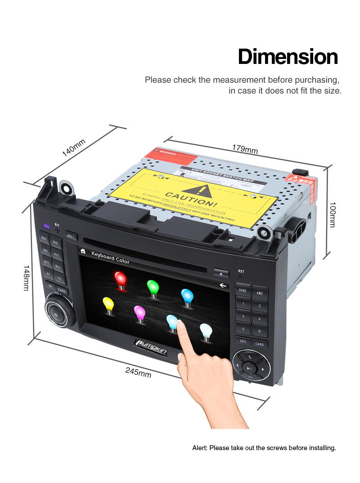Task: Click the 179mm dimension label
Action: [x=245, y=149]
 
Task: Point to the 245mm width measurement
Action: [x=138, y=372]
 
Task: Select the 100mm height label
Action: [x=332, y=214]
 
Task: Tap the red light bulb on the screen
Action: [x=120, y=279]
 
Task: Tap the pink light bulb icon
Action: [x=139, y=312]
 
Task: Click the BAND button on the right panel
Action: [x=243, y=290]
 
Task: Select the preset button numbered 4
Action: [x=260, y=318]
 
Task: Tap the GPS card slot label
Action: [x=243, y=342]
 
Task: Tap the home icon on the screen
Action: [x=83, y=251]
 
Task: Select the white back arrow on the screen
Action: [x=222, y=285]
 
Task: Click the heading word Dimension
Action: [x=288, y=57]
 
